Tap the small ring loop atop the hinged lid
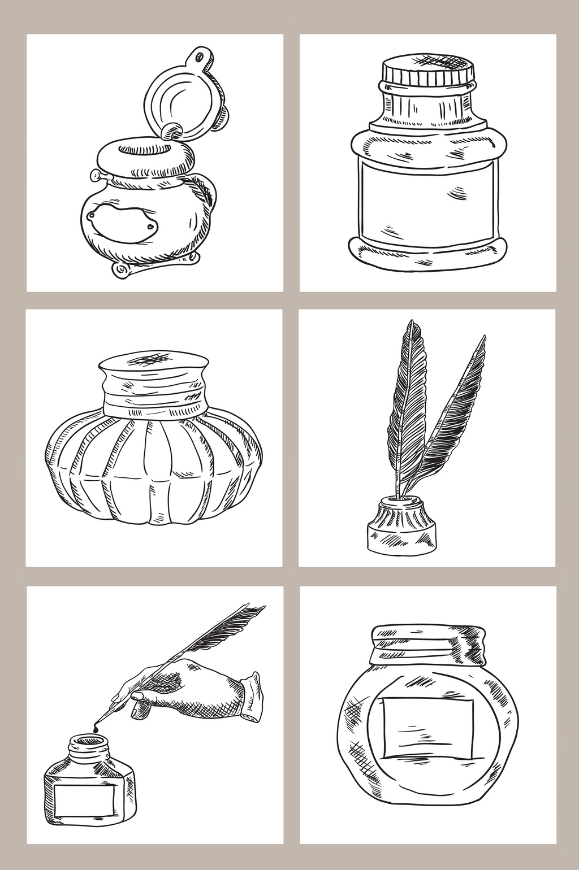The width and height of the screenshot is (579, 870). coord(199,56)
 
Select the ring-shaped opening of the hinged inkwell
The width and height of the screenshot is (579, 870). coord(145,150)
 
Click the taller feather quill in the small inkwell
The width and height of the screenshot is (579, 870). coord(405,407)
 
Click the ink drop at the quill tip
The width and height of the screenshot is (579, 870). coord(97,729)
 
